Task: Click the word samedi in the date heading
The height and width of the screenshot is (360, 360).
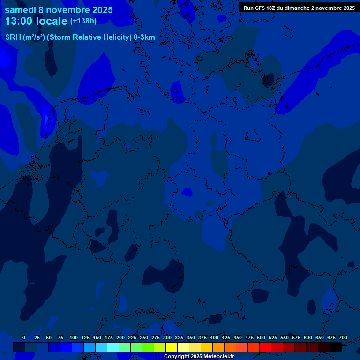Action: (20, 9)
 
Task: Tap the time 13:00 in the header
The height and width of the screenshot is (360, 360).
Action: (21, 21)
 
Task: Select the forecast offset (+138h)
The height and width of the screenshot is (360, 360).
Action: (83, 21)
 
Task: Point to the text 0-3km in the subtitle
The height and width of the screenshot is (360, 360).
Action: (144, 37)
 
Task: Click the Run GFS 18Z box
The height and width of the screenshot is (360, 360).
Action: (299, 8)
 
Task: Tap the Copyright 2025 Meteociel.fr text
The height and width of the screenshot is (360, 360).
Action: (199, 356)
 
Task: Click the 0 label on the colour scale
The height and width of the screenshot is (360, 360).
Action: (24, 337)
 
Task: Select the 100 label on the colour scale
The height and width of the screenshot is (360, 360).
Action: (74, 337)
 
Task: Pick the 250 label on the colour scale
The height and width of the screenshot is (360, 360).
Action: (144, 337)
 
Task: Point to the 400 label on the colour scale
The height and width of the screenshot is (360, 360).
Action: (214, 337)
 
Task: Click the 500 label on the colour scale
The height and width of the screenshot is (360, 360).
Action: (261, 337)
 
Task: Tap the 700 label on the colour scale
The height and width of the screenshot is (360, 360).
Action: (343, 337)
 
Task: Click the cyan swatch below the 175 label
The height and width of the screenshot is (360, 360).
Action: (113, 347)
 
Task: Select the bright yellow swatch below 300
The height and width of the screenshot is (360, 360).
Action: (172, 347)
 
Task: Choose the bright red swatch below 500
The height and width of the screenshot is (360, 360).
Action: (265, 347)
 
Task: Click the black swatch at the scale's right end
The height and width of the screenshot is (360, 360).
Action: (336, 347)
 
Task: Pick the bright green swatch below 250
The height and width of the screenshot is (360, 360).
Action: (148, 347)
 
